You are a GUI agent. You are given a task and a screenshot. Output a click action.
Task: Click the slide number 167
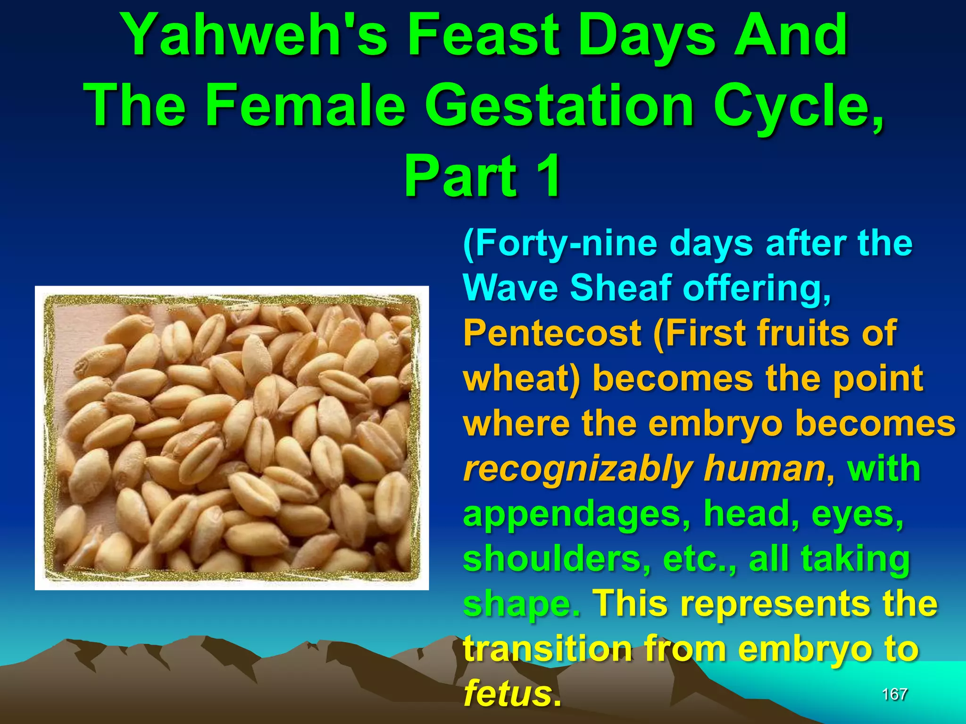point(895,694)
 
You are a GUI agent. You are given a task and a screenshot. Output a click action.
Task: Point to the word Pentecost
point(552,333)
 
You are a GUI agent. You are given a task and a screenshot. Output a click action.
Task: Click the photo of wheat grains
point(232,438)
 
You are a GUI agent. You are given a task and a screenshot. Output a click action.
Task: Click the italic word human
point(764,469)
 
